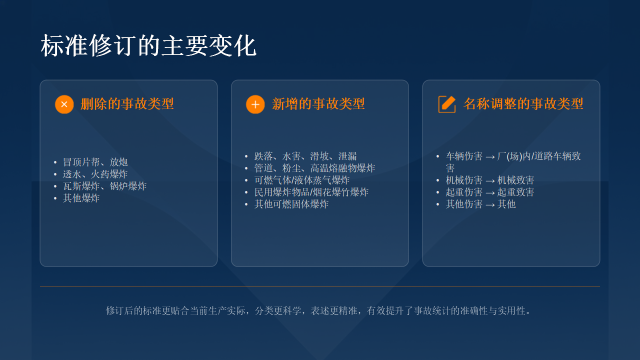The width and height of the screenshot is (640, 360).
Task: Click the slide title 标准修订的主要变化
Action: point(148,45)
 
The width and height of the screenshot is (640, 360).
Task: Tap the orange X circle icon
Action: point(64,104)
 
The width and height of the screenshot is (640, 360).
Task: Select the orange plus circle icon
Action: point(255,104)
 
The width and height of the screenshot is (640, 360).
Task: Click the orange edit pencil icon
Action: point(447,104)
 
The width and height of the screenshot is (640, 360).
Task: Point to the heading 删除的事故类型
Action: point(127,103)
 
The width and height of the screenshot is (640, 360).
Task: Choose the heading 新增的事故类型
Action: point(318,103)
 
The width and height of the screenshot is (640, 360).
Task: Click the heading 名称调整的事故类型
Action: point(523,103)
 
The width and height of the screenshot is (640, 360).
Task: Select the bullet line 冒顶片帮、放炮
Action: point(95,162)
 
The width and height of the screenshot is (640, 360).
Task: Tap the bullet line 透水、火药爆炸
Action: point(95,174)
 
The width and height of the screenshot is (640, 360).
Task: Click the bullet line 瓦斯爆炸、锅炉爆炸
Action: point(104,186)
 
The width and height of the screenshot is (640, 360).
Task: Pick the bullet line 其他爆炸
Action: point(81,198)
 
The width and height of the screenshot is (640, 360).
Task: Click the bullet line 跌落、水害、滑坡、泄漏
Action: point(305,156)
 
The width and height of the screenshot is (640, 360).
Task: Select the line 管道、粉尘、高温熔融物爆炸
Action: point(314,168)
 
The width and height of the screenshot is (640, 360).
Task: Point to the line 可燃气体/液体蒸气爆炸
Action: point(302,180)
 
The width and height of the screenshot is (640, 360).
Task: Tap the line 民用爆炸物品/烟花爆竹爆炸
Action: point(311,192)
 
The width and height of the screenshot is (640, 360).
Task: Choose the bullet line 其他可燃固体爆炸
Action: point(291,204)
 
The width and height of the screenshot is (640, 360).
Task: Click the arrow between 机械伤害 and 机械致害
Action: point(490,181)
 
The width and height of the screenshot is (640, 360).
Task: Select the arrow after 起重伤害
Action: point(490,193)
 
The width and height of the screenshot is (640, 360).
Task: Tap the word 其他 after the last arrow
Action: point(506,204)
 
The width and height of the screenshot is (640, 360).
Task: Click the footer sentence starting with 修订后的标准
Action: point(318,310)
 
